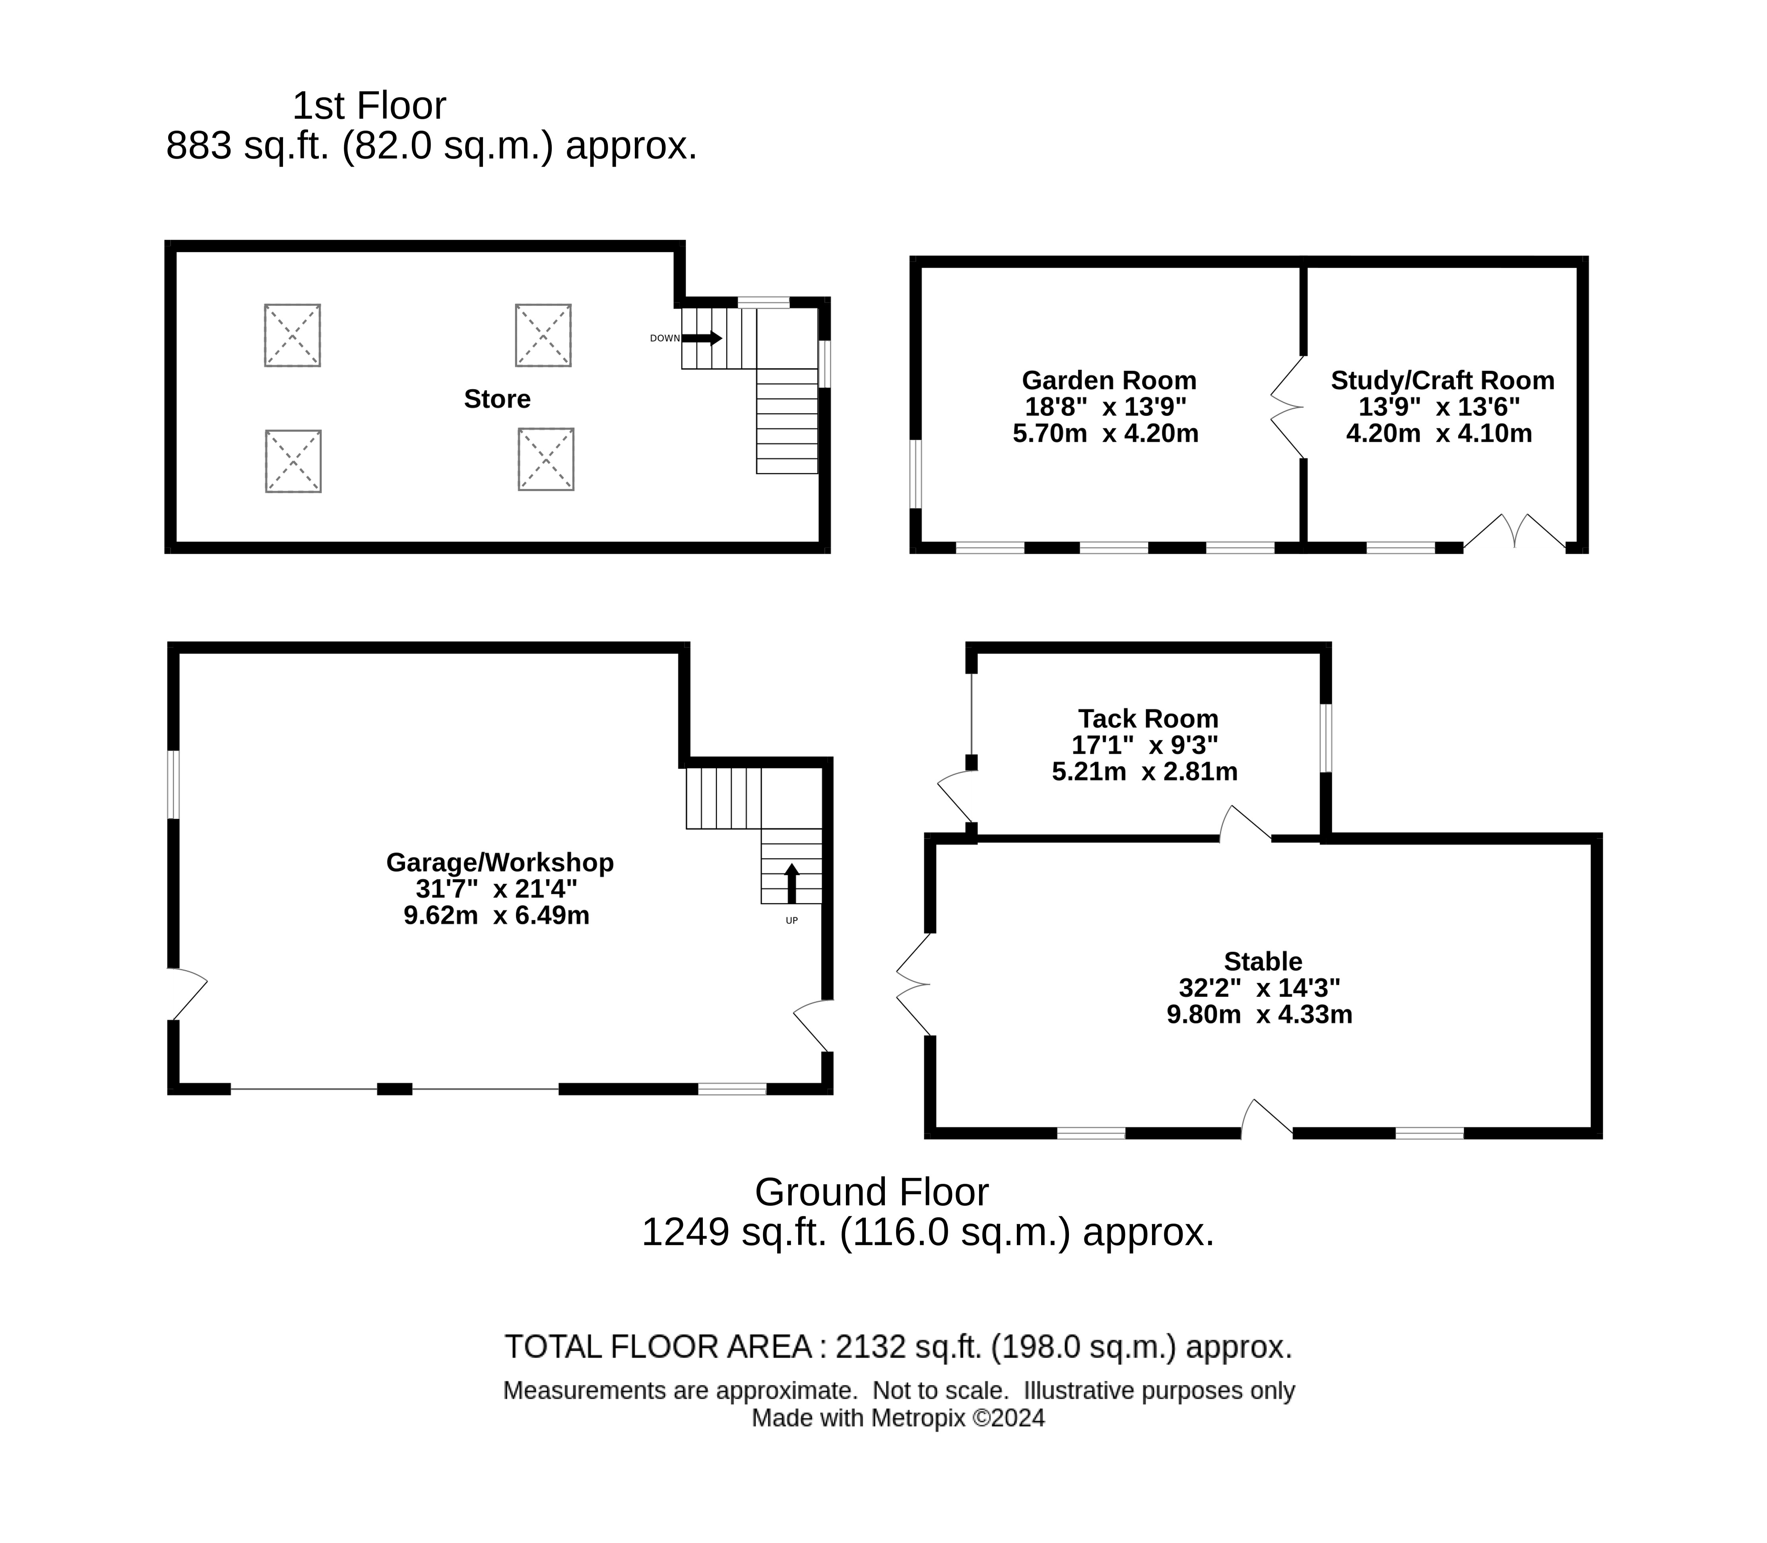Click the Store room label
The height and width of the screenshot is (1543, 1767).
pos(497,399)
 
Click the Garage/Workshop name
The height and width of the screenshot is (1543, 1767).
pos(499,862)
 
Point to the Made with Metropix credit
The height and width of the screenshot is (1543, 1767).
pos(898,1418)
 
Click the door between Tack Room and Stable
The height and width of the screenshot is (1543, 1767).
pos(1245,822)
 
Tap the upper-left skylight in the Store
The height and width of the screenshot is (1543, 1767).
pos(292,335)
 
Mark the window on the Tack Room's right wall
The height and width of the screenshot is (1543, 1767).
pos(1326,738)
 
